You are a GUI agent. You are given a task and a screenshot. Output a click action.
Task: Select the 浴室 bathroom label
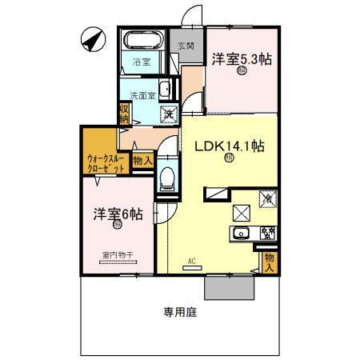[x=142, y=61]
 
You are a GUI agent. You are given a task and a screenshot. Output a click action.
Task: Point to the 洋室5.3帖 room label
[x=240, y=58]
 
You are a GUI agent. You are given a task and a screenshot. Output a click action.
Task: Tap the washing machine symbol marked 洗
[x=170, y=113]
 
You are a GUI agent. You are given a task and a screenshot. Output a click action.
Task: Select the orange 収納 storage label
[x=125, y=113]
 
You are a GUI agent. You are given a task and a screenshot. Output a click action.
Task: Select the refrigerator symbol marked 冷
[x=267, y=195]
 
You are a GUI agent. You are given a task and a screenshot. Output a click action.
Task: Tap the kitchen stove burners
[x=268, y=234]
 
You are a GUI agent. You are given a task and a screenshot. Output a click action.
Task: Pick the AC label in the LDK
[x=192, y=261]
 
